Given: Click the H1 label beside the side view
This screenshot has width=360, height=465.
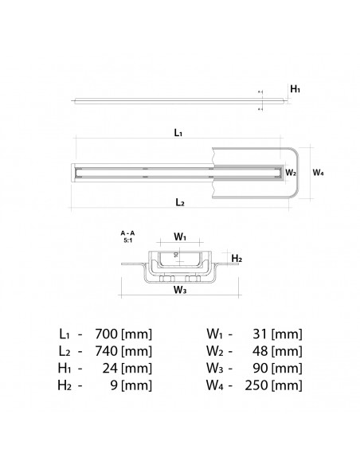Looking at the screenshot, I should [x=295, y=90].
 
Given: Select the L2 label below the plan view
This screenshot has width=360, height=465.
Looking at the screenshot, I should [x=180, y=203].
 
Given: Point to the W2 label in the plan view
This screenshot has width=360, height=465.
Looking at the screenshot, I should [x=292, y=172].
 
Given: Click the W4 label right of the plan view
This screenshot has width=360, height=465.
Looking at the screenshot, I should [x=318, y=171].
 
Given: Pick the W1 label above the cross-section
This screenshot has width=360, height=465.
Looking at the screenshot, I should [x=180, y=237].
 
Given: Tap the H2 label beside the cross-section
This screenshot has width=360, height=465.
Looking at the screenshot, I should [x=236, y=259].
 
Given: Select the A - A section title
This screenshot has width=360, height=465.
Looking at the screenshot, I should [x=127, y=232].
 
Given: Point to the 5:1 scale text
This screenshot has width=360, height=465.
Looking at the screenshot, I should [x=127, y=240].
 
